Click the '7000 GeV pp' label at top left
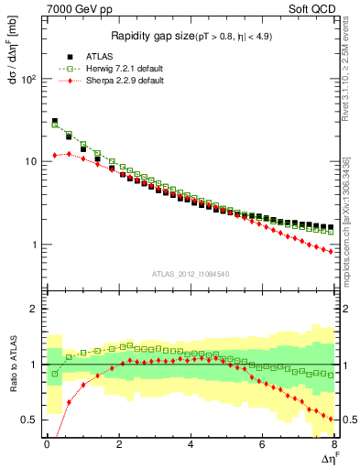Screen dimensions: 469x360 (x=74, y=8)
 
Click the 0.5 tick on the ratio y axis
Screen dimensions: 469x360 (x=27, y=420)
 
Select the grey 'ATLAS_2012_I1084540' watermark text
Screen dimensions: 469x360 (x=191, y=274)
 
